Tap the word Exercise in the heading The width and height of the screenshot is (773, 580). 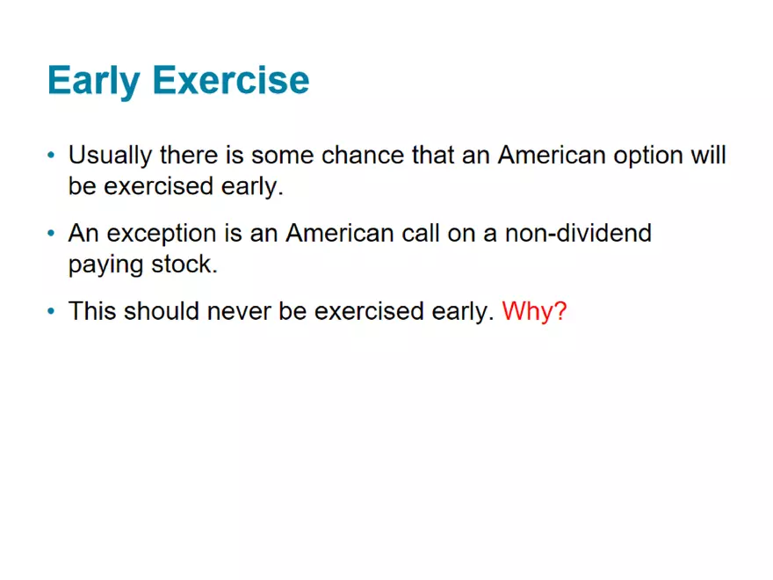click(231, 80)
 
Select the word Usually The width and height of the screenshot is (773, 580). click(110, 156)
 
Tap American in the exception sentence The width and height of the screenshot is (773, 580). click(340, 233)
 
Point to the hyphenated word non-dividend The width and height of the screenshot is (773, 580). click(578, 233)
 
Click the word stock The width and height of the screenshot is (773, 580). click(184, 264)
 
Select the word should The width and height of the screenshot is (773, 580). click(162, 311)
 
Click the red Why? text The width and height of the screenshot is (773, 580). click(534, 311)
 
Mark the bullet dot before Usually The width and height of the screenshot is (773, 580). click(51, 156)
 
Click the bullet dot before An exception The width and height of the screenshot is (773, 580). click(51, 233)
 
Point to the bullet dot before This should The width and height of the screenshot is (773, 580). click(51, 311)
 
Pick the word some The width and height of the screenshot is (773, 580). click(283, 156)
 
